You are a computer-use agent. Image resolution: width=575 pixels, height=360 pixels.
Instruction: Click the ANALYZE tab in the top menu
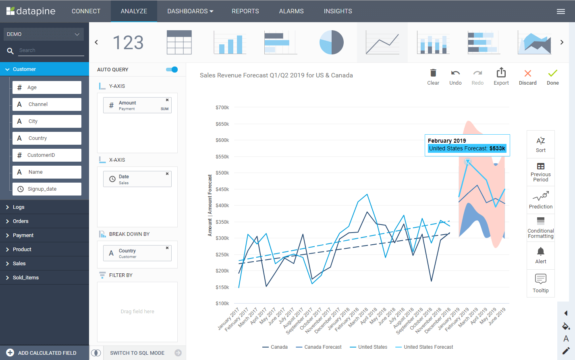click(134, 11)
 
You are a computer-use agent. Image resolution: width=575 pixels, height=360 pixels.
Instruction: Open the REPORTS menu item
click(245, 11)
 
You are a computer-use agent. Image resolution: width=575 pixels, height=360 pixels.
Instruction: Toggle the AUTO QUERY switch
click(172, 70)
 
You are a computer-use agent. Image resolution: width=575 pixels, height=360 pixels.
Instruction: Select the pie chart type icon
click(331, 42)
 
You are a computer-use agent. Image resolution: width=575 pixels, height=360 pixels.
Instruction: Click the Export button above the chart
click(501, 77)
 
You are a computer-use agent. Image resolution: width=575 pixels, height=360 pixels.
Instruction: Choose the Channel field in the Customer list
click(47, 104)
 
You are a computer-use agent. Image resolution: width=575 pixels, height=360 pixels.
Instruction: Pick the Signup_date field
click(47, 189)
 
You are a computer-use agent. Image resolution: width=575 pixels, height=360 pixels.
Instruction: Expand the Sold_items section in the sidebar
click(26, 278)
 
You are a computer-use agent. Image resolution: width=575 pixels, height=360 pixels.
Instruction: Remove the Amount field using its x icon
click(167, 100)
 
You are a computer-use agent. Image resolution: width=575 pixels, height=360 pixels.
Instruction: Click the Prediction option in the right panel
click(540, 200)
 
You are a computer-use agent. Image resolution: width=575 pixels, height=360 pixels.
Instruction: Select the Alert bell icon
click(540, 252)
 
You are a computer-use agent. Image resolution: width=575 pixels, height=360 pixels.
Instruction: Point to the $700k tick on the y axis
click(222, 108)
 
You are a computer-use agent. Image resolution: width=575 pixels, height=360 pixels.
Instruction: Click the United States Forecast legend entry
click(428, 347)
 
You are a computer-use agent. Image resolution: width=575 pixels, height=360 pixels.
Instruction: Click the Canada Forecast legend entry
click(322, 347)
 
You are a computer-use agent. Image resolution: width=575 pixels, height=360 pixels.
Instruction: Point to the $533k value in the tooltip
click(497, 149)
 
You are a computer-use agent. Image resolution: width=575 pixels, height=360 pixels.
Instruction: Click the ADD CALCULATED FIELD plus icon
click(10, 353)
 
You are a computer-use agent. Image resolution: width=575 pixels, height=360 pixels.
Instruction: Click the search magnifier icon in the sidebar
click(10, 51)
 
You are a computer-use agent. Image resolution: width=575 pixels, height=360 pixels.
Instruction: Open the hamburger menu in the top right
click(560, 12)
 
